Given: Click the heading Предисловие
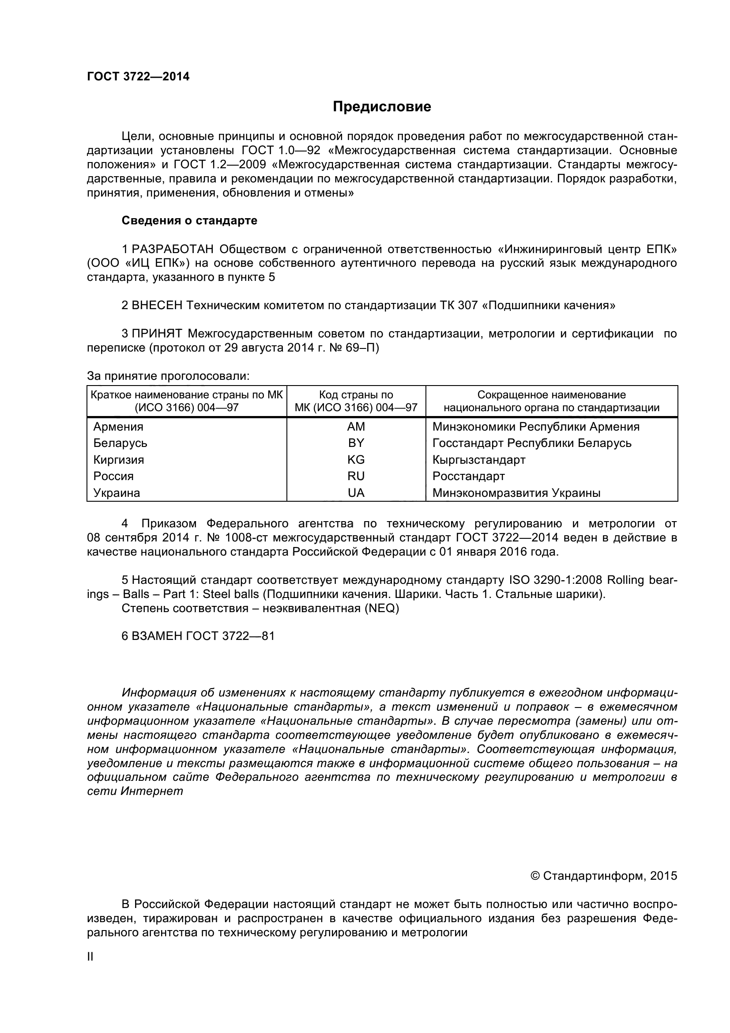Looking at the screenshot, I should [382, 106].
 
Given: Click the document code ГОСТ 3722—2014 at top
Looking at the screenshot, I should [138, 76].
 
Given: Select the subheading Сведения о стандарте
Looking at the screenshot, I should [189, 220].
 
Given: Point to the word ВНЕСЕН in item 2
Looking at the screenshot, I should [157, 306].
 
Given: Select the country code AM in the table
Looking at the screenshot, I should [356, 427].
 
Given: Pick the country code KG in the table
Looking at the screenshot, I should [356, 460].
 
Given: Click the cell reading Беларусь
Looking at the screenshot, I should [120, 443].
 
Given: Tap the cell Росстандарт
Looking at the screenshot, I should [468, 476].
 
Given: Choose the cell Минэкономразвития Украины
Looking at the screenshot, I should [516, 493].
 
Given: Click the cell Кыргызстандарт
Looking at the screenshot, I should [479, 460].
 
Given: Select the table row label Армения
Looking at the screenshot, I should [118, 427].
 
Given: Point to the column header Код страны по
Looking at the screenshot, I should [356, 395].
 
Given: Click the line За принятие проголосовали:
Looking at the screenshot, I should [168, 376].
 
